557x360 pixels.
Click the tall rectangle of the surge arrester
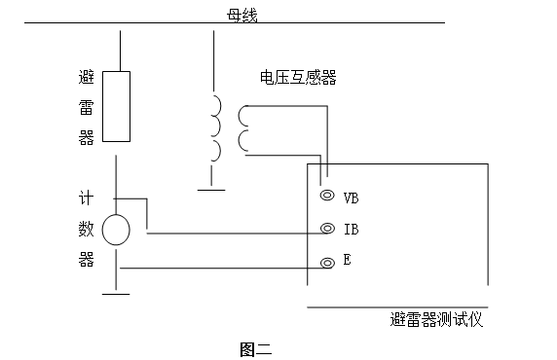click(x=116, y=106)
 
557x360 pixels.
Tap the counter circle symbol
click(x=116, y=230)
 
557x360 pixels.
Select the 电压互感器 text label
click(x=298, y=78)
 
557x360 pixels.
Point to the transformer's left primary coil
click(x=216, y=127)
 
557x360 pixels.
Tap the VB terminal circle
click(x=326, y=196)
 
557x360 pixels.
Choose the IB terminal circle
click(x=326, y=230)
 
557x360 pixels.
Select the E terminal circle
click(x=326, y=263)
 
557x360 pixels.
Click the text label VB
click(x=352, y=197)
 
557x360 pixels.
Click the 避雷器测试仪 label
click(x=435, y=319)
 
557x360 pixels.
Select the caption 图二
click(x=255, y=347)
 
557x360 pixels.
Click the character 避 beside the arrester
click(x=85, y=76)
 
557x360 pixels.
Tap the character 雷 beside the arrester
click(x=85, y=108)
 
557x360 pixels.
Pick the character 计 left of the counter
click(x=85, y=196)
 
